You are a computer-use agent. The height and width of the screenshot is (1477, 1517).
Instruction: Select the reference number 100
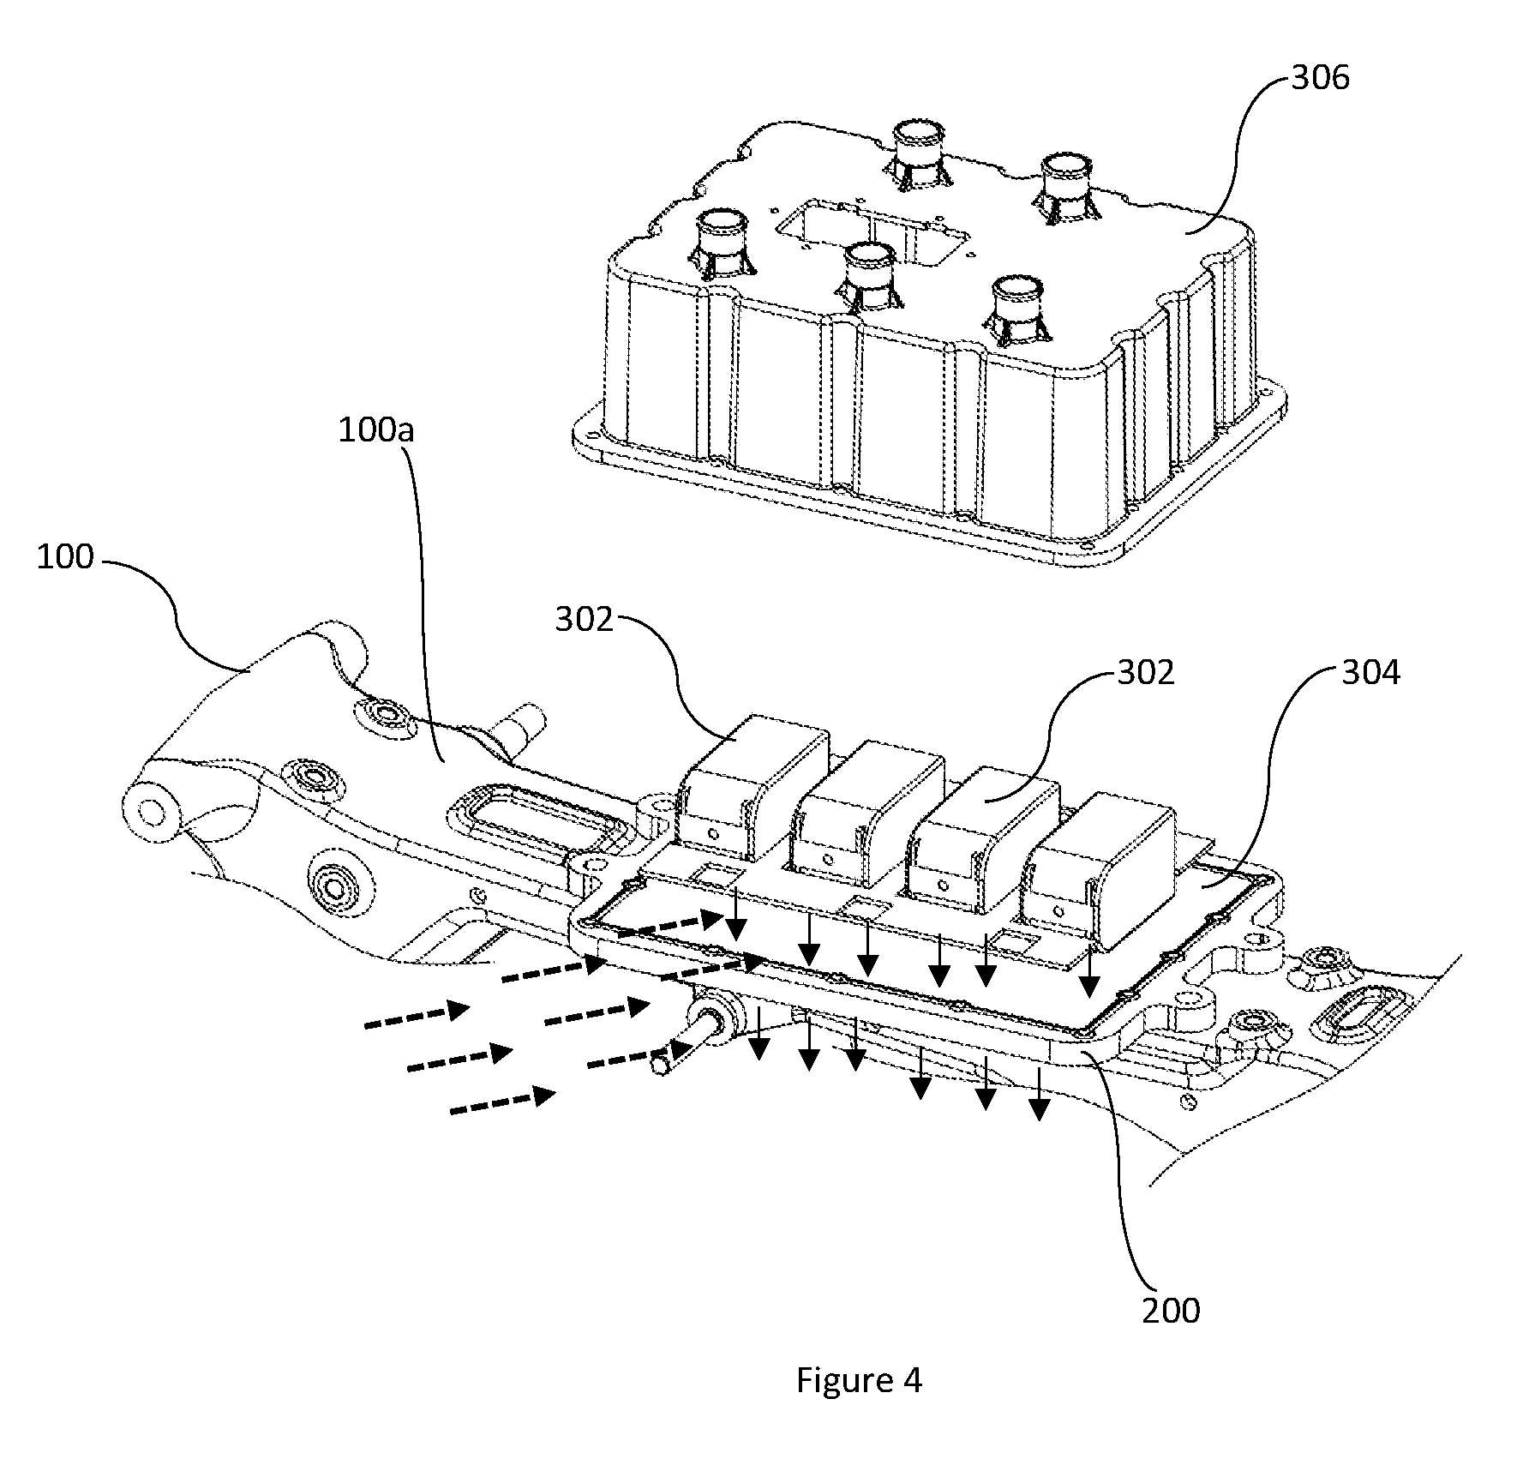click(65, 556)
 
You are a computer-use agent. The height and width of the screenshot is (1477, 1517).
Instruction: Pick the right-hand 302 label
click(1146, 672)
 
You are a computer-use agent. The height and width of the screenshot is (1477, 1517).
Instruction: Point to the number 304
click(1370, 672)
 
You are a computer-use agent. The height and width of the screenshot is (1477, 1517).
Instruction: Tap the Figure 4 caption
click(859, 1381)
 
